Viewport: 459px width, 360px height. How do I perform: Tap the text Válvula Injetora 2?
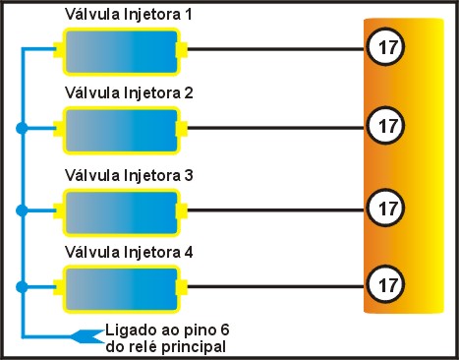pos(128,94)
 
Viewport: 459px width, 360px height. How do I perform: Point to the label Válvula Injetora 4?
pos(128,253)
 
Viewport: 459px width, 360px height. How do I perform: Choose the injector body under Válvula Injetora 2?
pos(120,128)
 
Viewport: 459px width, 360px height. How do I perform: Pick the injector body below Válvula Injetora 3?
pos(120,209)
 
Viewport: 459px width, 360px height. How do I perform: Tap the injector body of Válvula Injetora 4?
pos(120,286)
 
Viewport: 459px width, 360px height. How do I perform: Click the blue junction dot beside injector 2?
pos(21,128)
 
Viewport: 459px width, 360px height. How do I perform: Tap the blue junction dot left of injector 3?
pos(21,209)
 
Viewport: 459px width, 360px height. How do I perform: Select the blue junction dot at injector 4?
pos(21,286)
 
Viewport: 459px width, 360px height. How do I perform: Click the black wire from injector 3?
pos(275,209)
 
